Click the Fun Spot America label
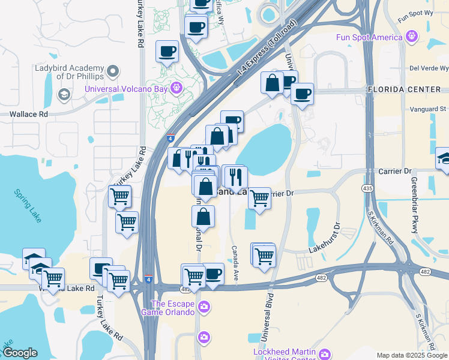tap(369, 38)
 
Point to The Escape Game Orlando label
tap(168, 308)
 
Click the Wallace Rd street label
tap(28, 113)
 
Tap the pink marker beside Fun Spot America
tap(411, 37)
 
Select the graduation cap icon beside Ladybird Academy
tap(64, 95)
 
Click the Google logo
tap(20, 353)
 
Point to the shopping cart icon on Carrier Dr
tap(259, 199)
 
